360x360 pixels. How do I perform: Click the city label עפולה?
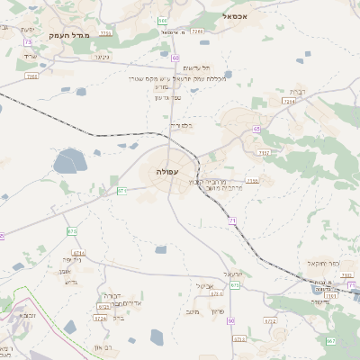[167, 171]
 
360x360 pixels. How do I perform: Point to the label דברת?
[296, 92]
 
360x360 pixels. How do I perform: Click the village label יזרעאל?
[234, 274]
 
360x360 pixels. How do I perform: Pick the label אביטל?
[202, 286]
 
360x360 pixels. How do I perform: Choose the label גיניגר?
[101, 57]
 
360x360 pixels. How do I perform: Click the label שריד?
[31, 57]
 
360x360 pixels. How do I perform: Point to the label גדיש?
[72, 282]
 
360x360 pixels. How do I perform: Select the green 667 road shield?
[330, 341]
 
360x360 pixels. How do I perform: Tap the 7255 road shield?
[31, 76]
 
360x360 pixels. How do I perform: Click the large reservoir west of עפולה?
[68, 162]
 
